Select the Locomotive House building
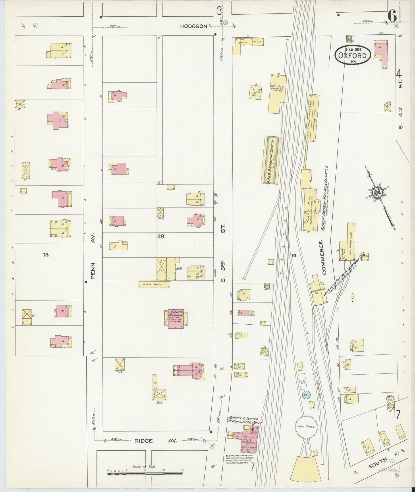[x=318, y=290]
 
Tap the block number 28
[x=161, y=237]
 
